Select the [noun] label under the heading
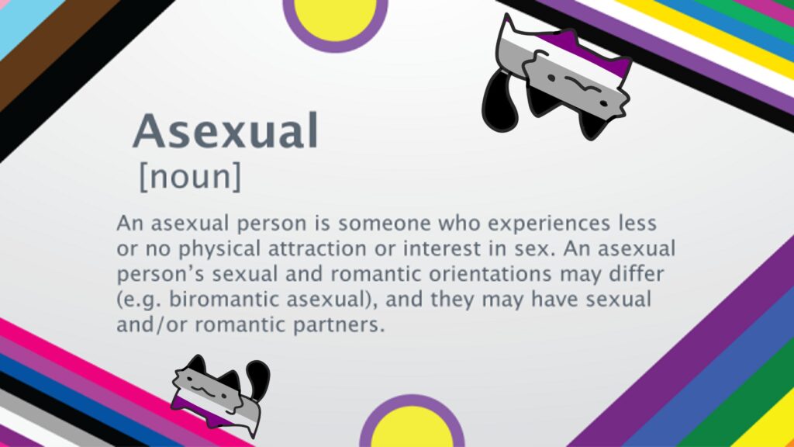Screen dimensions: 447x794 pyautogui.click(x=190, y=177)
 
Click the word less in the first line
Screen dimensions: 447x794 pyautogui.click(x=635, y=224)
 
